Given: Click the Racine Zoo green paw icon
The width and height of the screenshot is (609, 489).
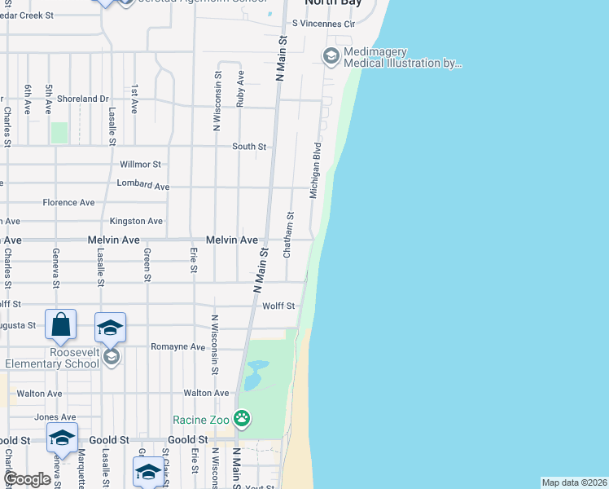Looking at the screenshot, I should coord(242,420).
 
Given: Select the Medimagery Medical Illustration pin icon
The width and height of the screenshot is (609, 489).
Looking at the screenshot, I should coord(331,55).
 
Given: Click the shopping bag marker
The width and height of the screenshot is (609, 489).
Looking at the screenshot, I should coord(61,325).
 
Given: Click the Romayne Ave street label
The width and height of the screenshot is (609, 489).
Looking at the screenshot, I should coord(178,346).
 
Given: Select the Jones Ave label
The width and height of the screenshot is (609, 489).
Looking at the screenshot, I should coord(50,417).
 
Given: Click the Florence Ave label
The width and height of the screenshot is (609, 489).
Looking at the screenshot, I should coord(69,202).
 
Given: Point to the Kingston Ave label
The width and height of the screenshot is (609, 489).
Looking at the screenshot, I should coord(137,221).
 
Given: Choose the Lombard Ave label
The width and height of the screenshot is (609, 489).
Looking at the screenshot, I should coord(143,186).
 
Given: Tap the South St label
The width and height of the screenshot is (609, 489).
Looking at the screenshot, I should coord(249,147).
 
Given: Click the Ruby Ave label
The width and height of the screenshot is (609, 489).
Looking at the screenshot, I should coord(240,88).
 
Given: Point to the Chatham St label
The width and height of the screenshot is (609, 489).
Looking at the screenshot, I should coord(289,236).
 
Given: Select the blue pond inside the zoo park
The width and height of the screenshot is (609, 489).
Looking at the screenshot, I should coord(254,377).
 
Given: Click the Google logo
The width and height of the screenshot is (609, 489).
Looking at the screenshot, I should coord(27,479).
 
